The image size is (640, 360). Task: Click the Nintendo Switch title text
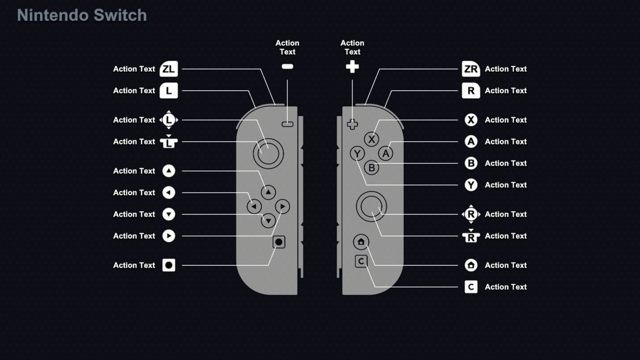pyautogui.click(x=82, y=15)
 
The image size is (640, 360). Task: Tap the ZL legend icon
pyautogui.click(x=169, y=69)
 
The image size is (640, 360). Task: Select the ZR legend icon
pyautogui.click(x=470, y=69)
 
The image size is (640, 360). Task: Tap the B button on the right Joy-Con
pyautogui.click(x=372, y=168)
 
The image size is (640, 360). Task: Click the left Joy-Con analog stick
pyautogui.click(x=268, y=153)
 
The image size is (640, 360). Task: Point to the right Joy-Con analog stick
pyautogui.click(x=372, y=206)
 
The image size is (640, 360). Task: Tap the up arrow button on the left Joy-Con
pyautogui.click(x=268, y=192)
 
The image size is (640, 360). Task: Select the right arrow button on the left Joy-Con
pyautogui.click(x=283, y=206)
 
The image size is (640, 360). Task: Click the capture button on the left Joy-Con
pyautogui.click(x=278, y=242)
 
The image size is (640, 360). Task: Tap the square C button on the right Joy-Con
pyautogui.click(x=361, y=261)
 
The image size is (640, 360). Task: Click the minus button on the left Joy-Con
pyautogui.click(x=287, y=124)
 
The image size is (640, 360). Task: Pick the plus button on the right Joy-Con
pyautogui.click(x=352, y=124)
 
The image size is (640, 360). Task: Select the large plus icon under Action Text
pyautogui.click(x=352, y=67)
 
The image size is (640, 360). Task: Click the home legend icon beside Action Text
pyautogui.click(x=470, y=265)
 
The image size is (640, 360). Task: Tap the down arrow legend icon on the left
pyautogui.click(x=169, y=214)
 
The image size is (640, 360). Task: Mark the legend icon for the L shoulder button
pyautogui.click(x=169, y=91)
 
